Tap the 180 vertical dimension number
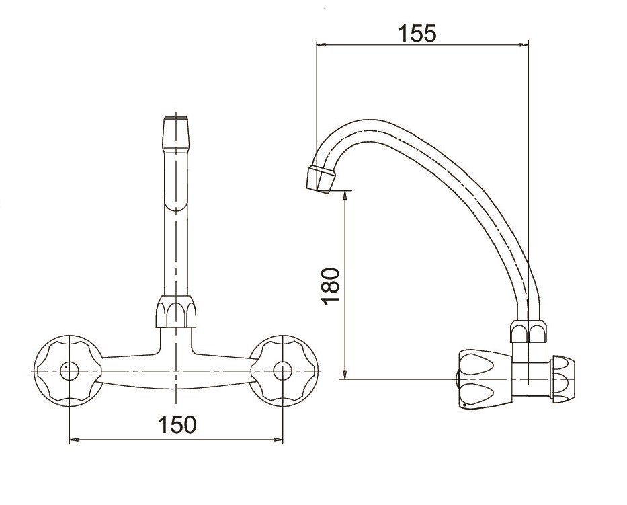pos(331,286)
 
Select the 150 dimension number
pos(177,424)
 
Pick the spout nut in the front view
pos(175,312)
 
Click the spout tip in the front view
pos(175,133)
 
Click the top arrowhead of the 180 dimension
pos(345,195)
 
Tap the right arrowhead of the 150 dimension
pos(278,440)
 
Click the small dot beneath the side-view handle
pos(464,407)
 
